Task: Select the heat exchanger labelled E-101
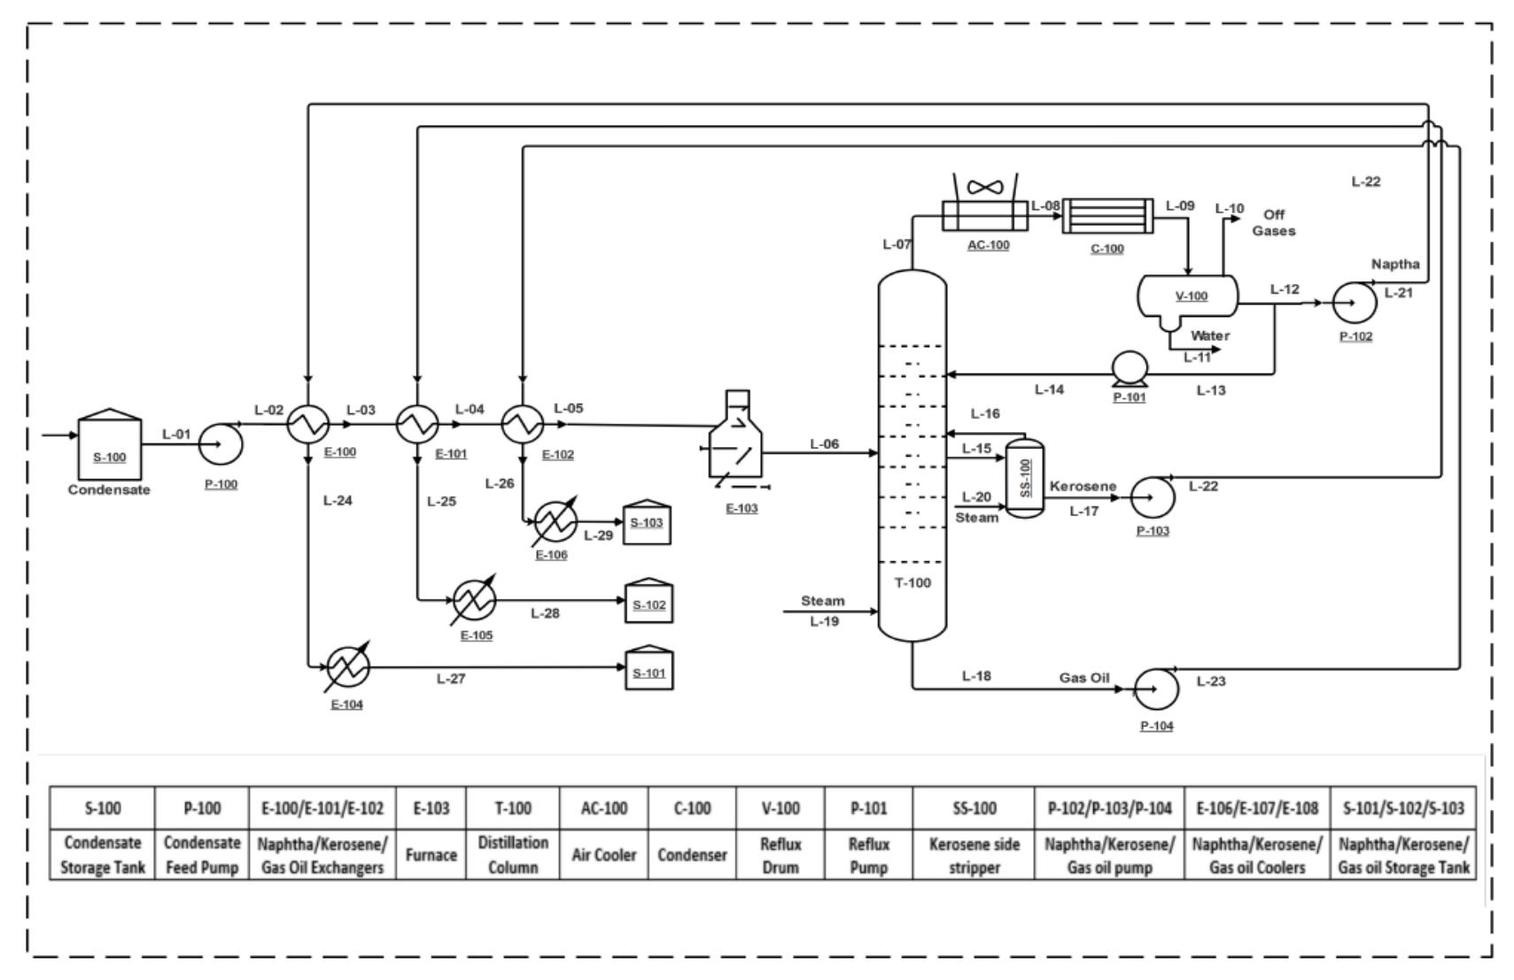(x=416, y=424)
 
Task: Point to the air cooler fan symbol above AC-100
(x=984, y=187)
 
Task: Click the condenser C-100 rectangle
(x=1107, y=215)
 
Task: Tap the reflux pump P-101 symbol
(x=1130, y=370)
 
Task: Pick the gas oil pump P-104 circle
(x=1156, y=687)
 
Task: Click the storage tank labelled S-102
(x=648, y=602)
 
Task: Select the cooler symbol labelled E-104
(x=347, y=667)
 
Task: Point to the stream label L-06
(x=824, y=444)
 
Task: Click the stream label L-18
(x=976, y=675)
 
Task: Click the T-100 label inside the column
(x=912, y=583)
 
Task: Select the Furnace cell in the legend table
(x=431, y=855)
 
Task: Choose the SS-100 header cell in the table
(x=974, y=808)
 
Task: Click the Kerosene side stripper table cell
(x=974, y=855)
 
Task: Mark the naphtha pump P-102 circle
(x=1355, y=303)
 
